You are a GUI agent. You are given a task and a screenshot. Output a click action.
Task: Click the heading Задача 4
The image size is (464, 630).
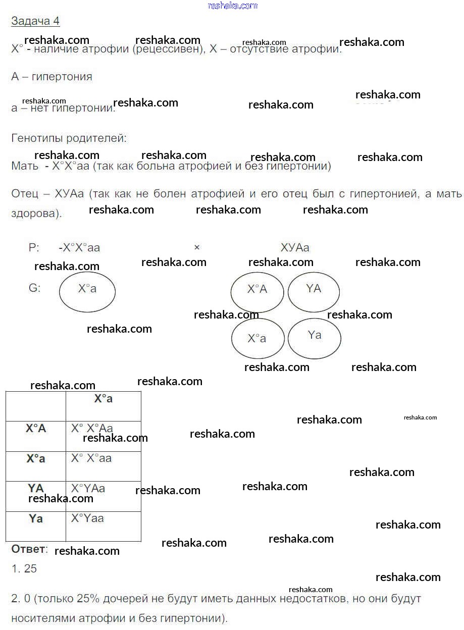tap(35, 21)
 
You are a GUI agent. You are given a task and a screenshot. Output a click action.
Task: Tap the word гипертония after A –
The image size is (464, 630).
tap(62, 77)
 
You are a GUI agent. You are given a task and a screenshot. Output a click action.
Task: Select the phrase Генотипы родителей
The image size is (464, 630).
tap(69, 138)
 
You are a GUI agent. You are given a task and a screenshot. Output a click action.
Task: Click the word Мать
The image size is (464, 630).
tap(25, 166)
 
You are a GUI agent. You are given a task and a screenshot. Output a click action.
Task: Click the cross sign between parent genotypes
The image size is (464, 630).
tap(197, 247)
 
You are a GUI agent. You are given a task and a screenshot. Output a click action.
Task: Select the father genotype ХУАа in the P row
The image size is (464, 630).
tap(295, 247)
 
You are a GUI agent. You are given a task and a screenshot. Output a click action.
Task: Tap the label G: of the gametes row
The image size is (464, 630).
tap(35, 288)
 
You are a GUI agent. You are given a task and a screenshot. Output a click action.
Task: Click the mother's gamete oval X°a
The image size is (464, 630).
tap(87, 291)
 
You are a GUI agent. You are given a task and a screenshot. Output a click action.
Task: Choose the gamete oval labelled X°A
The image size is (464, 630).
tap(257, 292)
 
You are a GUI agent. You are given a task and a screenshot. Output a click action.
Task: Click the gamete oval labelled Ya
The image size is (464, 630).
tap(315, 337)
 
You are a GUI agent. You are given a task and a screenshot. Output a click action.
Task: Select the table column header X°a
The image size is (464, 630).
tap(104, 399)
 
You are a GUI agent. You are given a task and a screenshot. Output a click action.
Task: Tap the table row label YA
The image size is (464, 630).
tap(36, 488)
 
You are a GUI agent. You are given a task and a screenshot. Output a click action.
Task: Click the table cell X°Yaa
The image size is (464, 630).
tap(87, 518)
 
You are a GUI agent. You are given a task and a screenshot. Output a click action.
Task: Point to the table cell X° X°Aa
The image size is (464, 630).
tap(92, 429)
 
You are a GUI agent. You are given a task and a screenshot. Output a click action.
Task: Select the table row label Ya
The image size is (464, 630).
tap(36, 518)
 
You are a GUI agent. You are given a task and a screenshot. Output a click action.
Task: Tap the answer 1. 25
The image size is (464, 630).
tap(24, 568)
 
